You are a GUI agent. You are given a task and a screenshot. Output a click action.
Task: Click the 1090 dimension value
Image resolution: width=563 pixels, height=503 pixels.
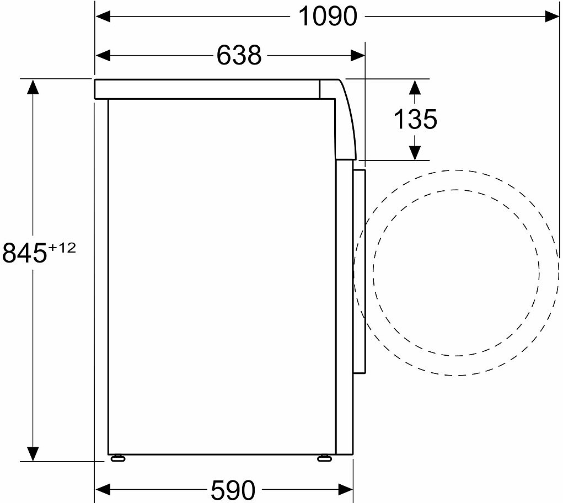(328, 17)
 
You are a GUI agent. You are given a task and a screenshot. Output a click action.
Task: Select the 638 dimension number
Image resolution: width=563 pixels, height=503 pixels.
(239, 55)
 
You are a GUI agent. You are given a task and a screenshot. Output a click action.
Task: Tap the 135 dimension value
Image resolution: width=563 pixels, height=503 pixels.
(415, 119)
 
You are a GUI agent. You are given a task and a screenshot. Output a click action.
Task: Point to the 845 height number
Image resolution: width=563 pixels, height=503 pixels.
(25, 253)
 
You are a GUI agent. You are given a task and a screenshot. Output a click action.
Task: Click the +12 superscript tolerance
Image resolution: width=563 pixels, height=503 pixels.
(62, 248)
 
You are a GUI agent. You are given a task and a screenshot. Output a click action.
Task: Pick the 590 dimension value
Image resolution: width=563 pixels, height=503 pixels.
(233, 490)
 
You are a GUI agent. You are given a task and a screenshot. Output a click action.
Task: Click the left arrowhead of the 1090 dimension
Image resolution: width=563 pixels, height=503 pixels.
(103, 17)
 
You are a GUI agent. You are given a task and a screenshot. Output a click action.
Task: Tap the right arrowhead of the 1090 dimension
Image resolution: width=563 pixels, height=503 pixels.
(552, 17)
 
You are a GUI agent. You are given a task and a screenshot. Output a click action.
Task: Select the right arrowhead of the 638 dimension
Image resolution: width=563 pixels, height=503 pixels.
(358, 55)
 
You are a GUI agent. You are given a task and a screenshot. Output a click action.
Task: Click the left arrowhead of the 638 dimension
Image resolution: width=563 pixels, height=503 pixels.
(103, 55)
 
